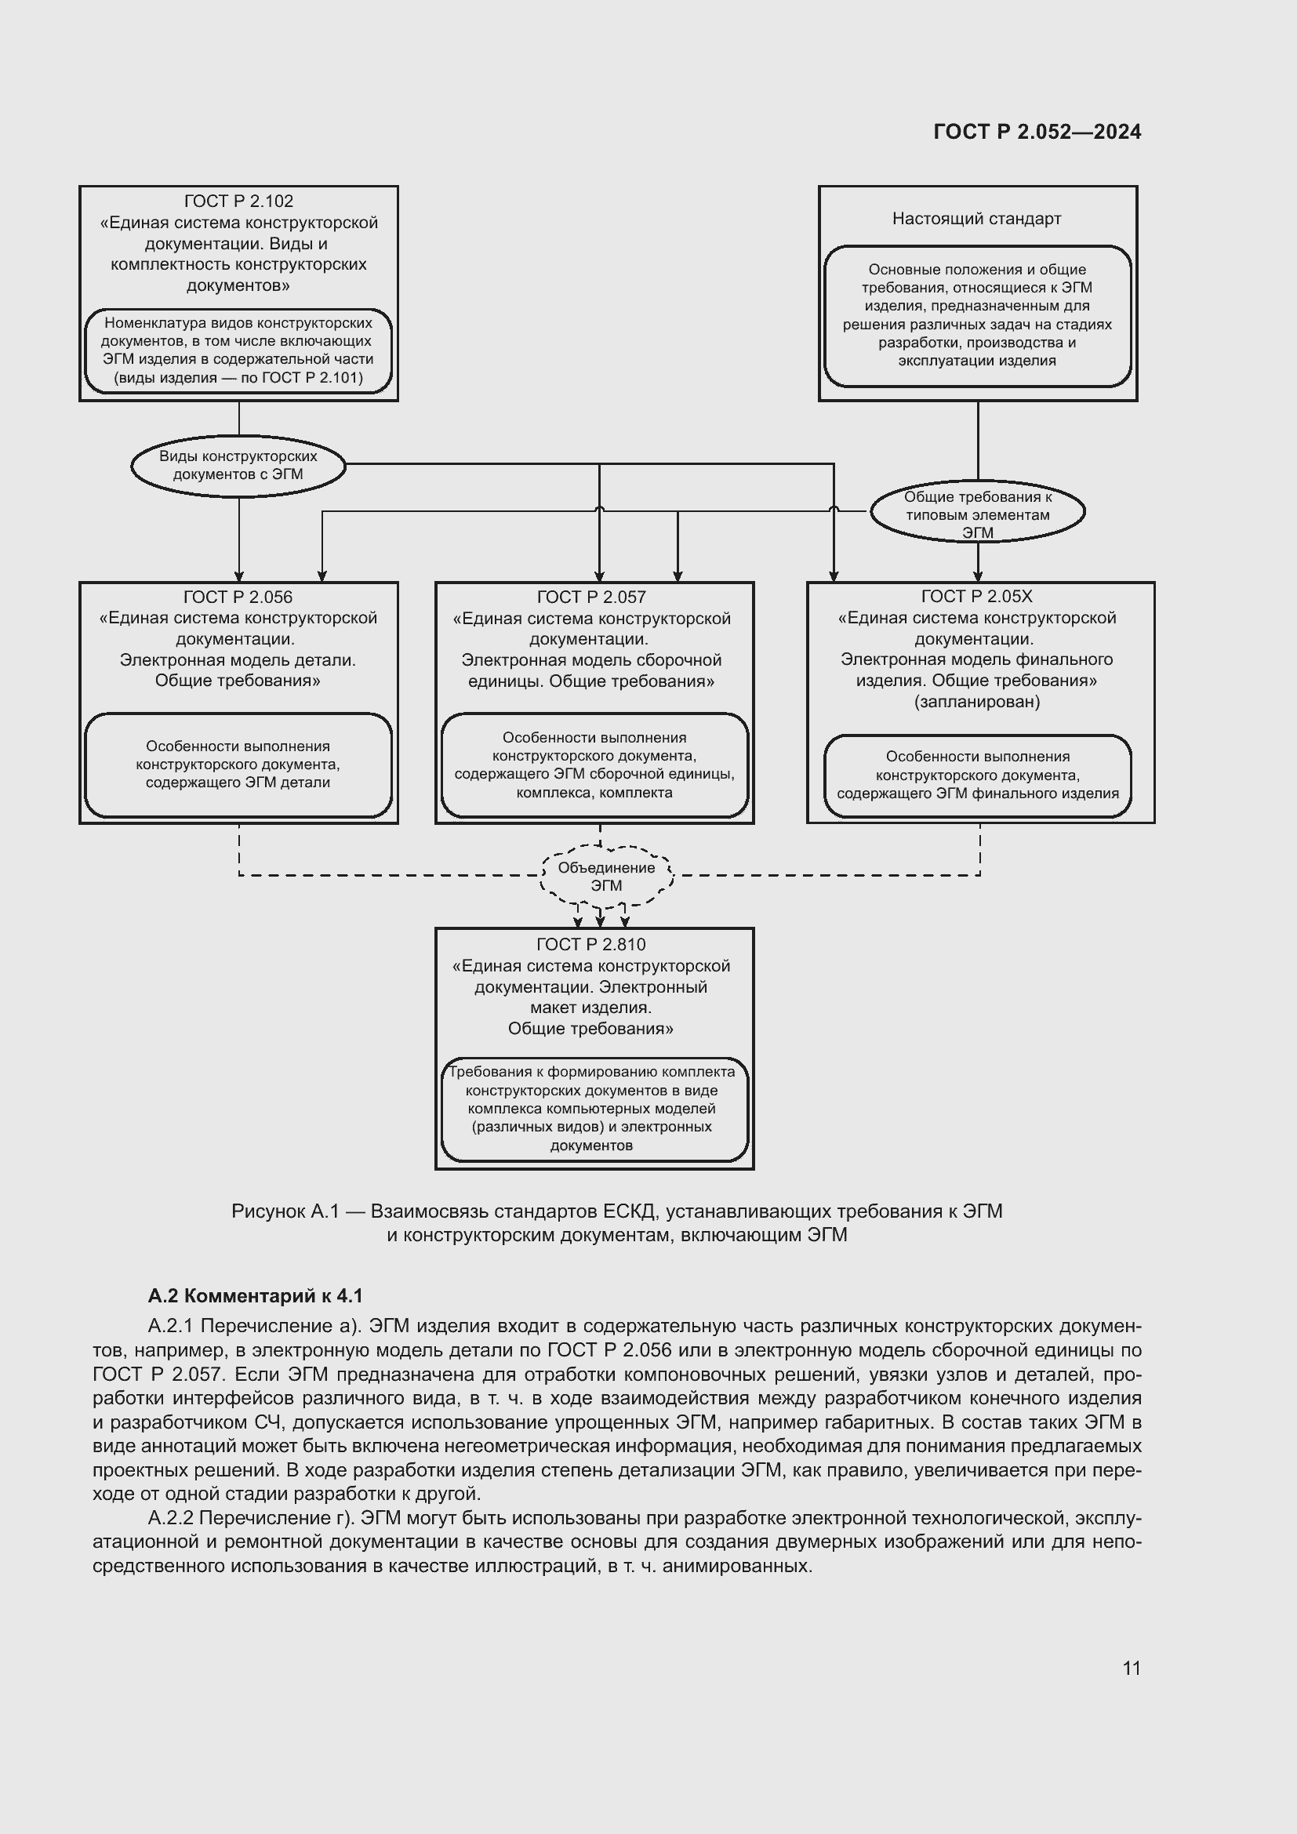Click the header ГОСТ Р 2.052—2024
(x=1037, y=132)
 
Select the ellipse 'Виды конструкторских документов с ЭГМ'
(x=238, y=466)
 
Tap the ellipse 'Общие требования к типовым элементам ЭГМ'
(x=977, y=513)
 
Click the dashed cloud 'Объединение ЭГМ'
(x=606, y=877)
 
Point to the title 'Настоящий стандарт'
(x=976, y=219)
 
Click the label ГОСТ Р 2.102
(x=238, y=202)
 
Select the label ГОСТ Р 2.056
(x=238, y=597)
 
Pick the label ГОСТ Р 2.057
(x=591, y=597)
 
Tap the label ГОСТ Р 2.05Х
(x=976, y=596)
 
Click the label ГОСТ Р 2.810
(x=591, y=944)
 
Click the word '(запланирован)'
(x=977, y=701)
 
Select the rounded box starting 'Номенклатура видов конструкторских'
(x=238, y=350)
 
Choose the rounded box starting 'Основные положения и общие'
(x=977, y=315)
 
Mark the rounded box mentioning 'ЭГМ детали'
(x=238, y=764)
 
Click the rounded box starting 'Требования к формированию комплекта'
(x=594, y=1109)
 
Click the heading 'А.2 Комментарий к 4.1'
(x=255, y=1295)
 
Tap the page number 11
(x=1131, y=1668)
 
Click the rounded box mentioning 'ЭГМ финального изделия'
(x=977, y=775)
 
